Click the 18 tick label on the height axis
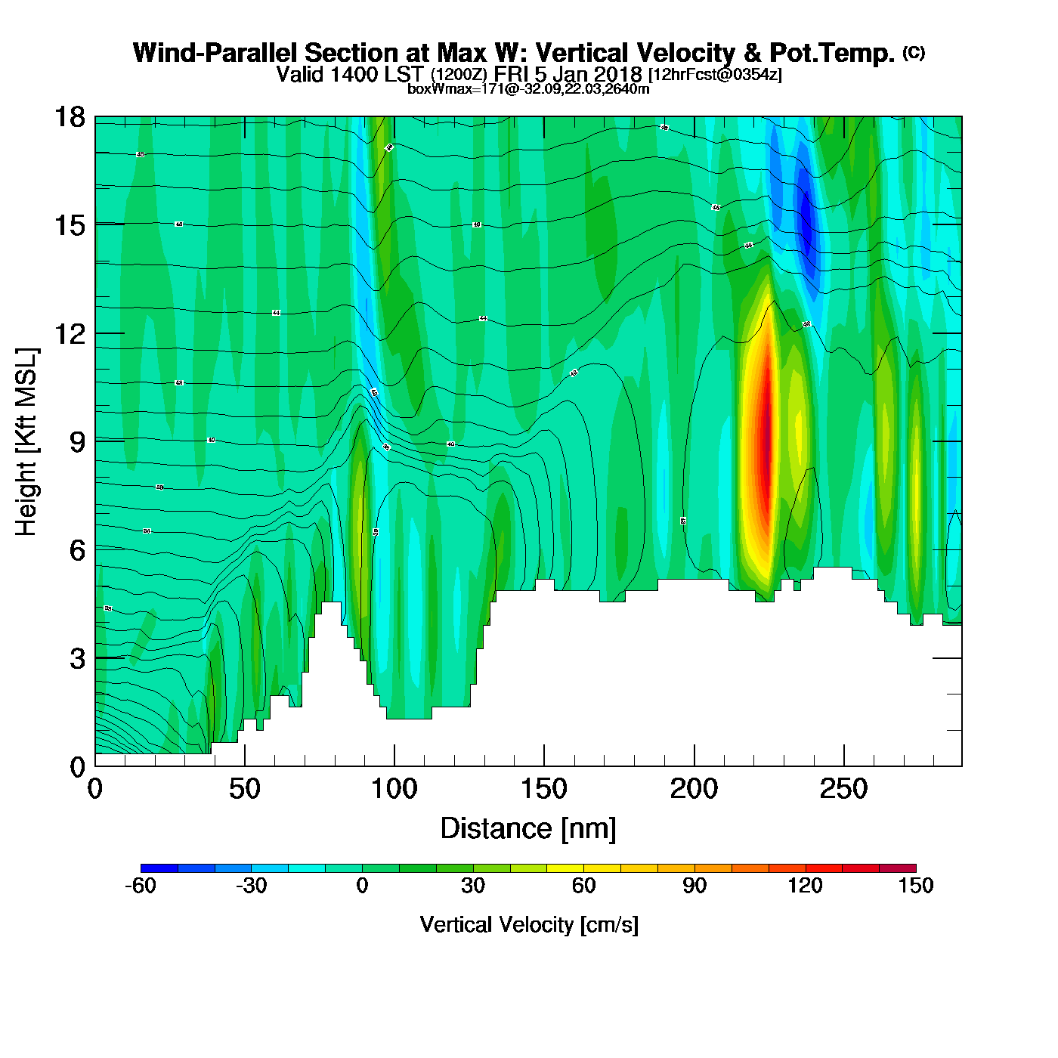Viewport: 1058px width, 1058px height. coord(70,117)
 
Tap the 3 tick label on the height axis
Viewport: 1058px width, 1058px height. coord(77,658)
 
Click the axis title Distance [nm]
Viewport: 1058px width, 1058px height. coord(528,828)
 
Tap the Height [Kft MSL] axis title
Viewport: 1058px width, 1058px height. coord(26,442)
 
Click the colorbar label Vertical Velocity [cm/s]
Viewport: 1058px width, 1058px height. coord(529,924)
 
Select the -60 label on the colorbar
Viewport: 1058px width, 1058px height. coord(140,886)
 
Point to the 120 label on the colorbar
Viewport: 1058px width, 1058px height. coord(805,886)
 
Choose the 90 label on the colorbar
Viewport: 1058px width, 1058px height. coord(695,886)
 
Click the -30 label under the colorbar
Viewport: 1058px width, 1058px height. coord(251,886)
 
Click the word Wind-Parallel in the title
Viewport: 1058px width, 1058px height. coord(215,53)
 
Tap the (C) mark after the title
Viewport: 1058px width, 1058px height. coord(914,52)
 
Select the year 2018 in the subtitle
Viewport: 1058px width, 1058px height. coord(617,74)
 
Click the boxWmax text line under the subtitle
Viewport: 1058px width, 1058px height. coord(528,88)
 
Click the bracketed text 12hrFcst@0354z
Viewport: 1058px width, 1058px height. coord(715,75)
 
